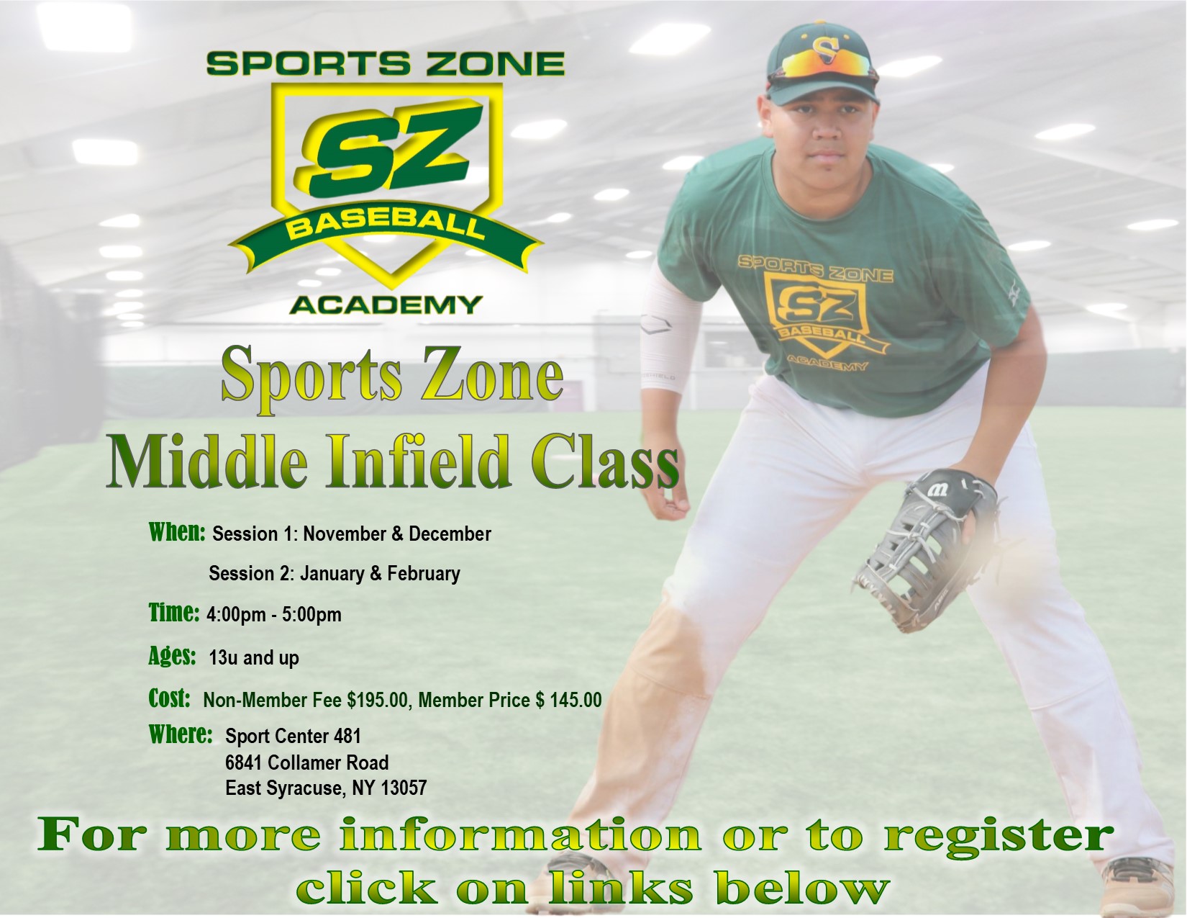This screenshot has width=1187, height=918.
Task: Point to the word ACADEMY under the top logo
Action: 386,305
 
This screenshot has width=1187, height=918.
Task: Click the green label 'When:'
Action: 177,532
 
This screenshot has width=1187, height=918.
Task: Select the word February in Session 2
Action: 423,574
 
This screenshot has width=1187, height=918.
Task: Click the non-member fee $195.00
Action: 378,700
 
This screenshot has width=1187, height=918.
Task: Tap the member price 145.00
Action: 576,700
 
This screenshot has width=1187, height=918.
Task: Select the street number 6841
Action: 244,762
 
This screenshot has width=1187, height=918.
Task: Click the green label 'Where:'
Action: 181,735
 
